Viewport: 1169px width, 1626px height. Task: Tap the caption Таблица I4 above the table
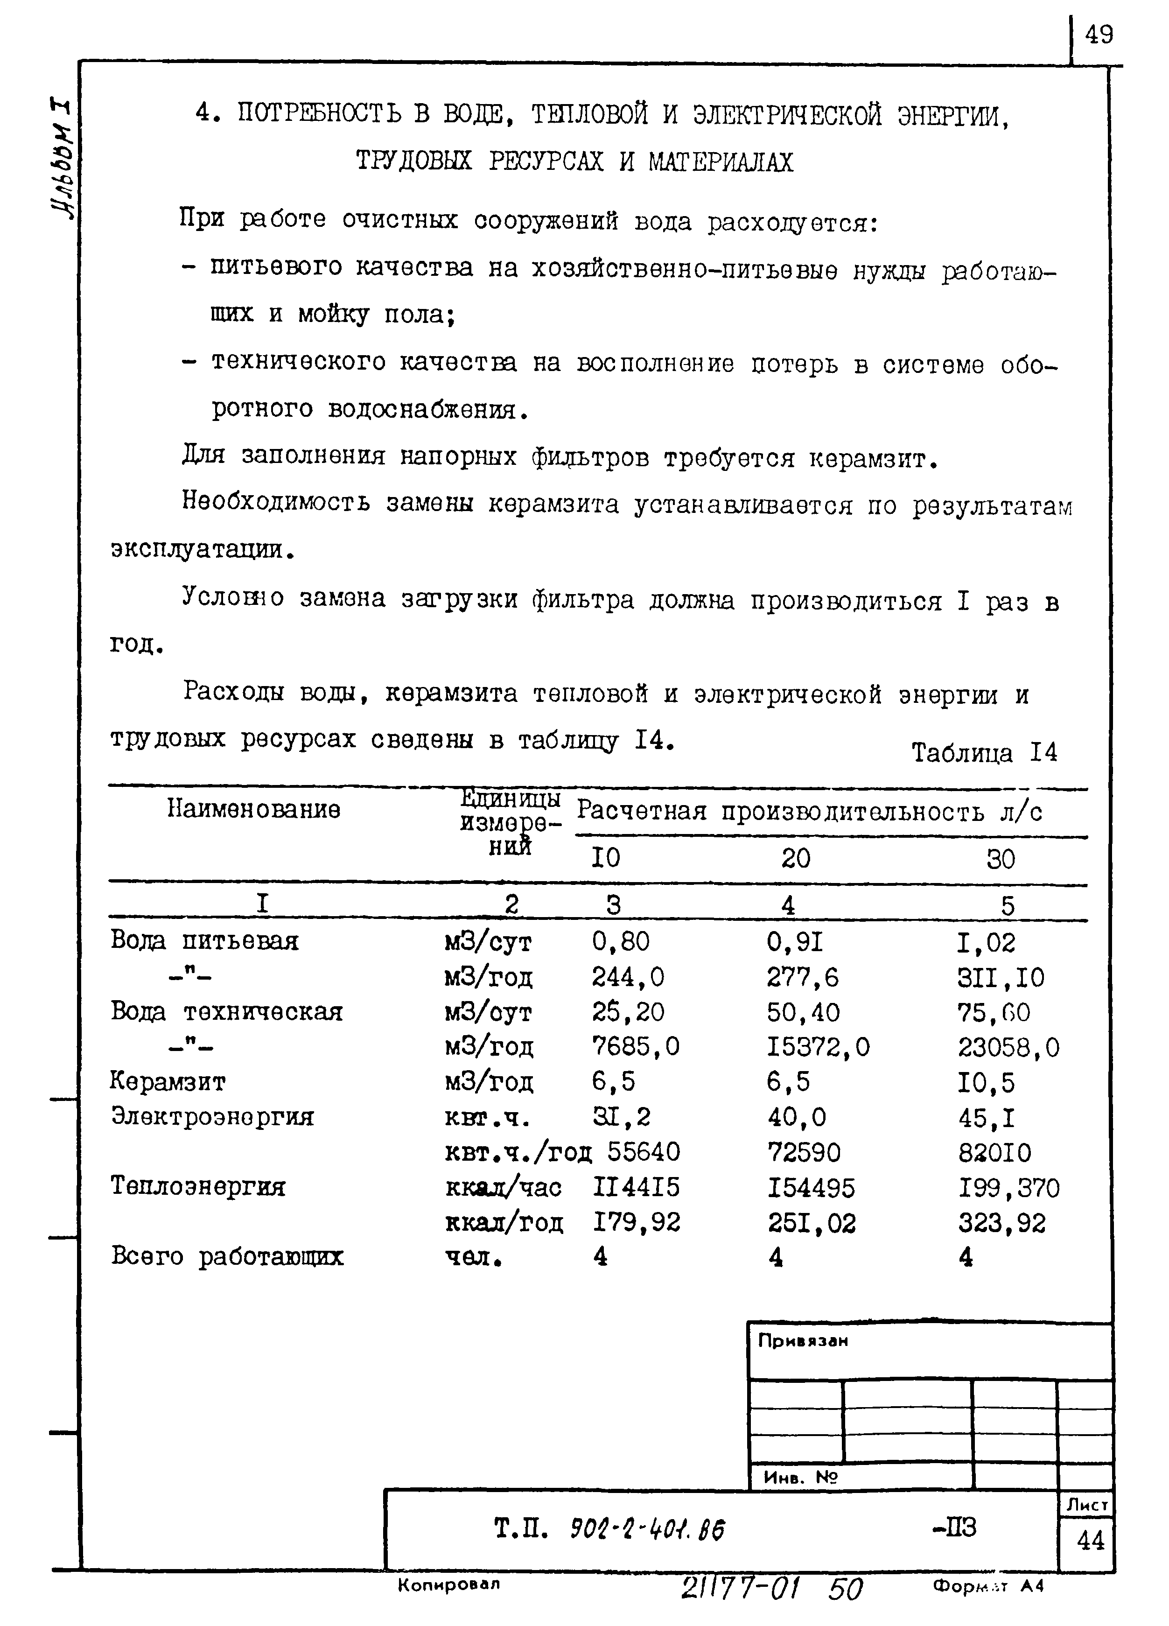click(x=984, y=753)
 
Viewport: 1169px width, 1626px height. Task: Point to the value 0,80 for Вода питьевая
click(x=621, y=941)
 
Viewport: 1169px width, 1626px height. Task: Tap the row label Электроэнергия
click(x=212, y=1116)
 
